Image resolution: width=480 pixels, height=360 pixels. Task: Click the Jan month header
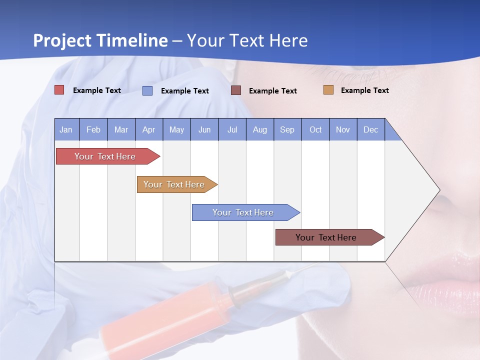point(66,129)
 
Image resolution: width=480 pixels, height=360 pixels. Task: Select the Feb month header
point(93,129)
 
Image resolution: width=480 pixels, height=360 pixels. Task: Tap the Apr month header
point(148,129)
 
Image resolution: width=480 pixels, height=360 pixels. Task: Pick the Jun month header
point(204,129)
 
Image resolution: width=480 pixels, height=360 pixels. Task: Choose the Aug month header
point(259,129)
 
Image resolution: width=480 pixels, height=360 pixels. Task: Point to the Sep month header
point(287,129)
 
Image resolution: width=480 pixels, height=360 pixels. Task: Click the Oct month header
point(315,129)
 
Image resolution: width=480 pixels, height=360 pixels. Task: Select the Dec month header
point(370,129)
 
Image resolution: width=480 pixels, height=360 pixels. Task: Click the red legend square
point(59,90)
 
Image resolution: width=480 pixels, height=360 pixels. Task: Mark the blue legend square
point(147,90)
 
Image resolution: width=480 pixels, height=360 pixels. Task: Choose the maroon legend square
point(236,90)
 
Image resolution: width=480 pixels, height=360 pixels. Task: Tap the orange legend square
point(328,90)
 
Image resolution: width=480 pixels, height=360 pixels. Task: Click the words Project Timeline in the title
point(100,40)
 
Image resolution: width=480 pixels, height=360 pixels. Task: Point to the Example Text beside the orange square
point(364,90)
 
